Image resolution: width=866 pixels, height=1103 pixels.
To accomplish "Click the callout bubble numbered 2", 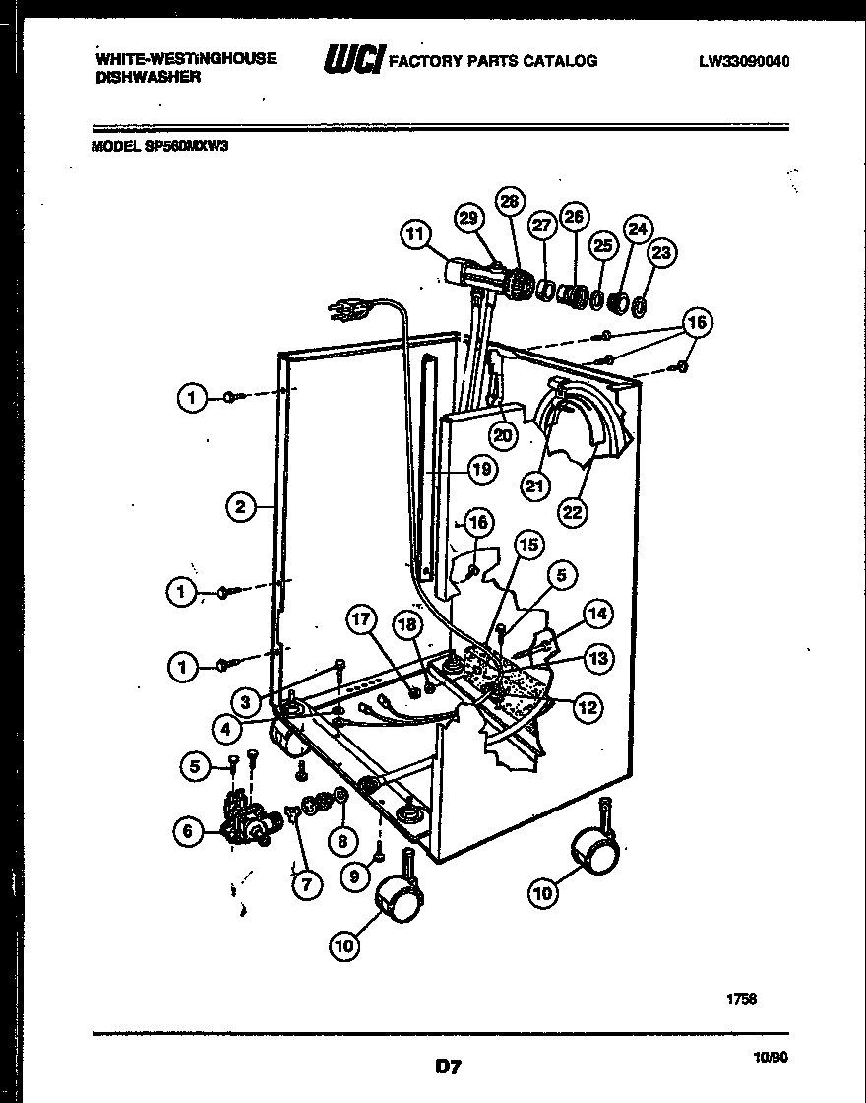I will point(240,508).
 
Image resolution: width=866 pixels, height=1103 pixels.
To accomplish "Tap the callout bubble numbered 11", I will point(415,234).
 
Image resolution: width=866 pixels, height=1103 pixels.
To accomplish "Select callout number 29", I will point(470,218).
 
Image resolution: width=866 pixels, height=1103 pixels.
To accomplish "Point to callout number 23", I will point(661,253).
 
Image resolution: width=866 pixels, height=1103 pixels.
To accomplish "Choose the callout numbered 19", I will point(480,470).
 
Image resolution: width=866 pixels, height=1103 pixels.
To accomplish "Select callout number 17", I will point(362,620).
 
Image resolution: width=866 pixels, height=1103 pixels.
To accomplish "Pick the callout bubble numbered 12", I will point(588,706).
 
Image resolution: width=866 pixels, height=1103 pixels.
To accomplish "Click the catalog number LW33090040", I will point(744,61).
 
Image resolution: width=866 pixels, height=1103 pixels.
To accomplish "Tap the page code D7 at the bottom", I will point(448,1066).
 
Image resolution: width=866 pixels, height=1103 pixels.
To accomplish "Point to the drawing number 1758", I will point(741,998).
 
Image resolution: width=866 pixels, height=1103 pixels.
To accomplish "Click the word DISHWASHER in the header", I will point(148,77).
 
